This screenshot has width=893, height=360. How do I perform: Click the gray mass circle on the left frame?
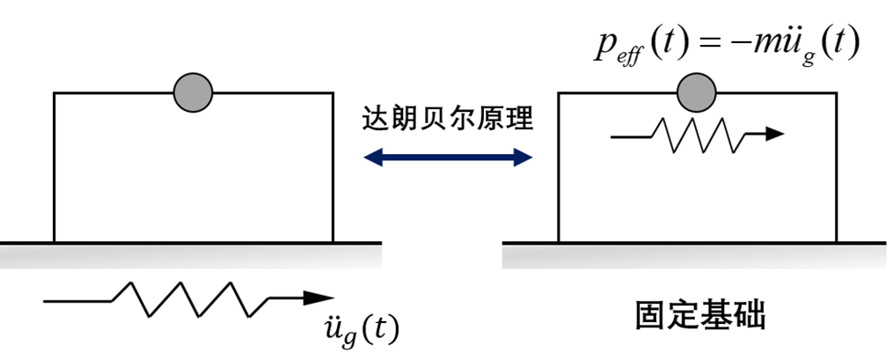pyautogui.click(x=193, y=91)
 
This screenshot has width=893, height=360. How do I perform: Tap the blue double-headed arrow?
pyautogui.click(x=448, y=158)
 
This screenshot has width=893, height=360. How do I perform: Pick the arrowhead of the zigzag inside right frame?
pyautogui.click(x=772, y=135)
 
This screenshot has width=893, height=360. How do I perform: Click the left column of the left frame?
pyautogui.click(x=55, y=167)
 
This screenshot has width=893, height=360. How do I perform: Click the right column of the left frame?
pyautogui.click(x=333, y=167)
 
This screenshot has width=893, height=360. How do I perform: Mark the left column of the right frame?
pyautogui.click(x=558, y=167)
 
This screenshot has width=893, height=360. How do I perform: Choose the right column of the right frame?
pyautogui.click(x=836, y=167)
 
